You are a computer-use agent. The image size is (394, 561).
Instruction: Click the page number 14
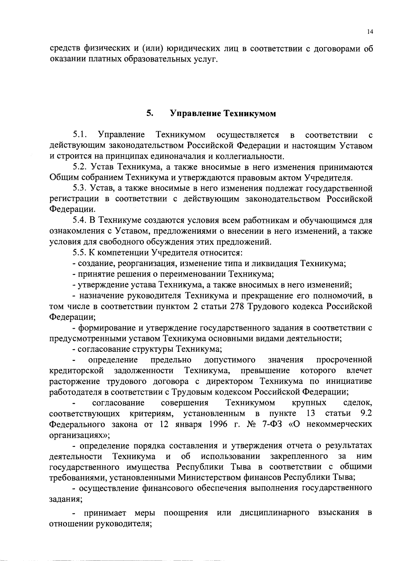click(x=370, y=32)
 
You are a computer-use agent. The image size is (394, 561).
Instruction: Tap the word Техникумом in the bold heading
click(x=250, y=113)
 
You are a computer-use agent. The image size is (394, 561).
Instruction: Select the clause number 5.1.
click(x=80, y=135)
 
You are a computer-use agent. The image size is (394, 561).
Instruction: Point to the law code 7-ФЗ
click(x=272, y=424)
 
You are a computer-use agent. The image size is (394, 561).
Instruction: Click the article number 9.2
click(x=366, y=413)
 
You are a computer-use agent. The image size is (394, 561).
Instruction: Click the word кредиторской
click(x=77, y=371)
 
